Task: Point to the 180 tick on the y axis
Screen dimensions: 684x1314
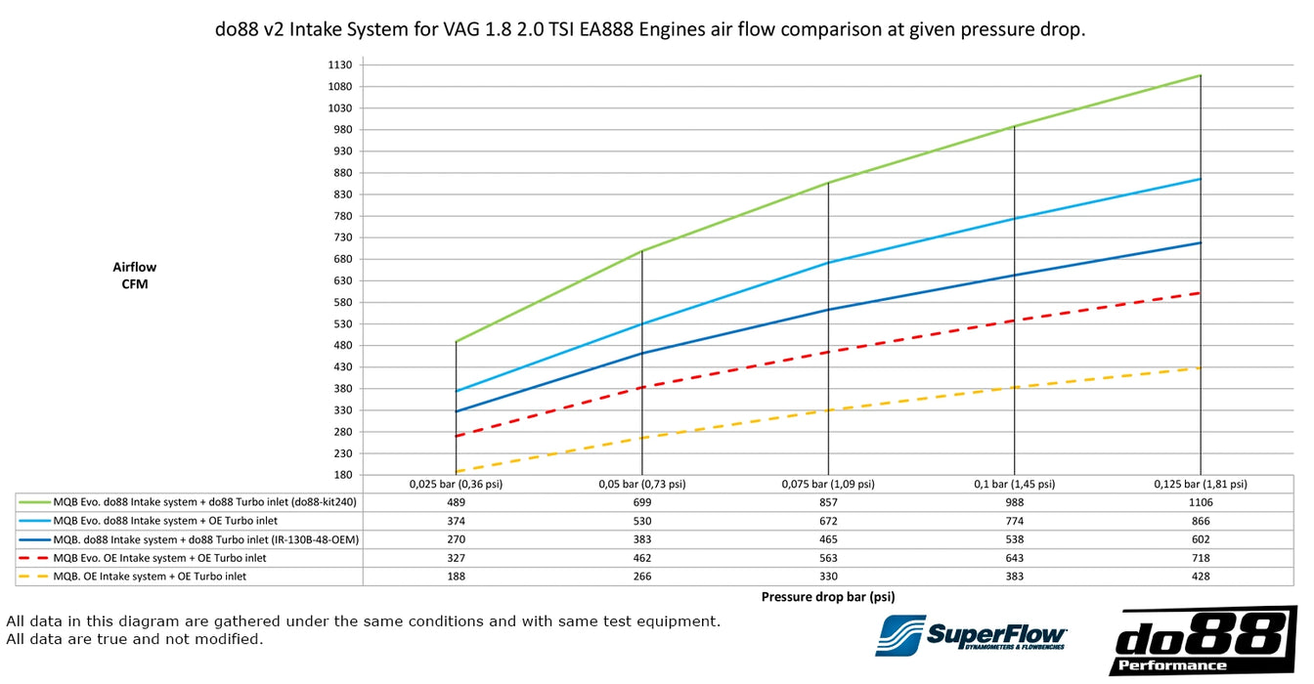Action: [342, 475]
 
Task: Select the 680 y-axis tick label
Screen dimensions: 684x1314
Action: [342, 259]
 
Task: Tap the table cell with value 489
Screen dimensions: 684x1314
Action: [456, 502]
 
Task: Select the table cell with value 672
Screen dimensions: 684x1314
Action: [828, 521]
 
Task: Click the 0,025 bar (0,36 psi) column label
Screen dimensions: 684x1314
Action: [456, 484]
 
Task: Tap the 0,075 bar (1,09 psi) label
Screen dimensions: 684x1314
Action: [828, 484]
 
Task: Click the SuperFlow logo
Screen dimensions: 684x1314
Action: [972, 635]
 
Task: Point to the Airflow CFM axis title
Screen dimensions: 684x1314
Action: [135, 276]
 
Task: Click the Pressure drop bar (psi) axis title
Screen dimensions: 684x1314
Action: [827, 596]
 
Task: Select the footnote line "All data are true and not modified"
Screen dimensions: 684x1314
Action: [135, 640]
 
